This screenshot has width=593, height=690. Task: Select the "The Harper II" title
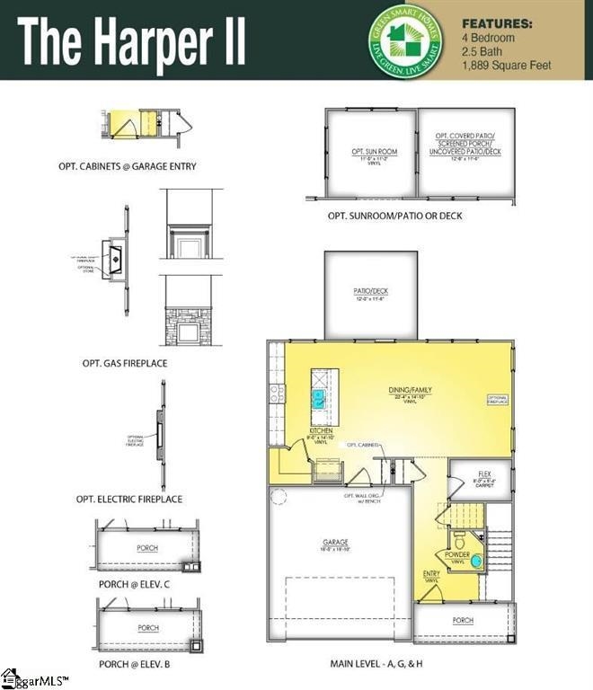pos(132,40)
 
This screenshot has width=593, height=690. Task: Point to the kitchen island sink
pos(319,395)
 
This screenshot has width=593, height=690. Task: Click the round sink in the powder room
pos(476,562)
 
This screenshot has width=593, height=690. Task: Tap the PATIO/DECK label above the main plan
pos(370,291)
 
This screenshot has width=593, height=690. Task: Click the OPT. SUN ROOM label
pos(374,152)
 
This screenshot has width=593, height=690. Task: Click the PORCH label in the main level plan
pos(463,620)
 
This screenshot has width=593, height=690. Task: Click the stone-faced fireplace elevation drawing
pos(188,327)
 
